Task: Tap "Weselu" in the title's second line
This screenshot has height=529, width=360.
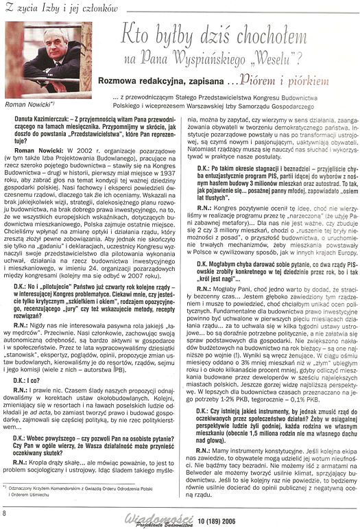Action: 288,60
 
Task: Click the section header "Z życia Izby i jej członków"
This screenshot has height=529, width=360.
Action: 49,7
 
